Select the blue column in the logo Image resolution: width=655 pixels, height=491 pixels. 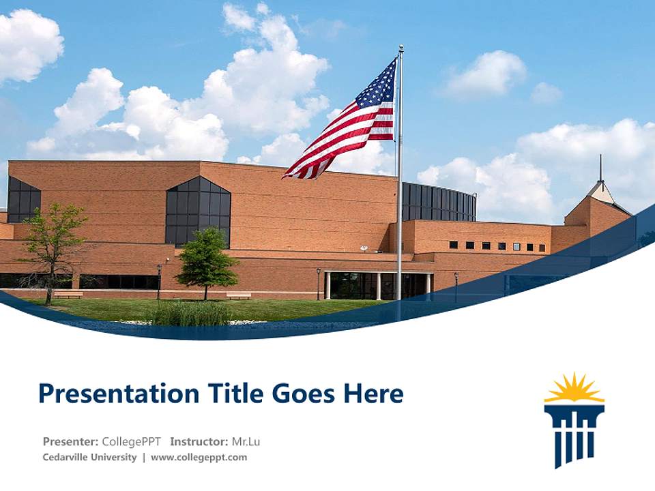pos(574,434)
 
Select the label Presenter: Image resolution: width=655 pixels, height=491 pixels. pos(70,441)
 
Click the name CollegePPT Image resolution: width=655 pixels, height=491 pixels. pos(132,441)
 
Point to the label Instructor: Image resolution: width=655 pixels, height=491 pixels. pos(199,441)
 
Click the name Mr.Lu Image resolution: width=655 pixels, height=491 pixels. pos(246,441)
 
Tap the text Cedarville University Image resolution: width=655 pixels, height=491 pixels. pos(89,458)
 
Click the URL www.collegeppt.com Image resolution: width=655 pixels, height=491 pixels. pos(199,458)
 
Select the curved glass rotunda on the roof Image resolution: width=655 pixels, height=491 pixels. pos(439,202)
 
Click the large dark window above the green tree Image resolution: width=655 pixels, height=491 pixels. pos(198,208)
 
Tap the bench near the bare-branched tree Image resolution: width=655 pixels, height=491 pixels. pos(68,295)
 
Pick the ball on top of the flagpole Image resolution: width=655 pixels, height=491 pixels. pos(401,47)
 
